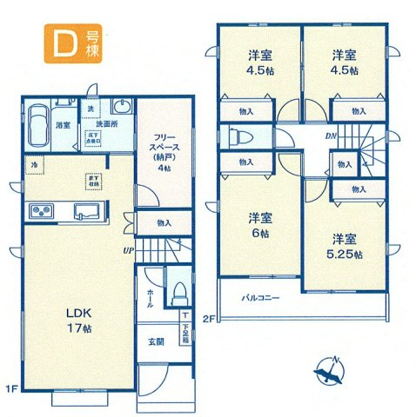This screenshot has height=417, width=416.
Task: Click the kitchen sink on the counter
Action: tap(89, 210)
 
